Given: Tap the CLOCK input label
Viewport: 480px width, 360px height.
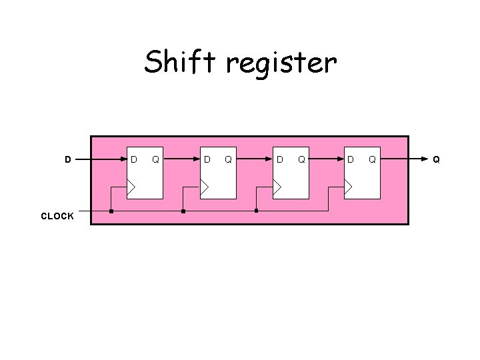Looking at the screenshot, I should (x=57, y=216).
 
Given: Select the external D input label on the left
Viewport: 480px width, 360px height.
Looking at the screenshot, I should (x=68, y=159).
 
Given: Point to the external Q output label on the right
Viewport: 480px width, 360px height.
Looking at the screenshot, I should (x=436, y=159).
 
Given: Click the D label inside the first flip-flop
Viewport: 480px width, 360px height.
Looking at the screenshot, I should (x=134, y=159).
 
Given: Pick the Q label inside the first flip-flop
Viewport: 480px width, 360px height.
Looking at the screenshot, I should (x=155, y=159).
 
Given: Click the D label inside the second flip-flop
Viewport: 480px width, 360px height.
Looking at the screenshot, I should (x=207, y=159).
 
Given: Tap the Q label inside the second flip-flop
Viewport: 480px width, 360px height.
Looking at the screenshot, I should (x=228, y=159).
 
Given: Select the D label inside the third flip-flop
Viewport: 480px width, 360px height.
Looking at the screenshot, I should (x=281, y=159).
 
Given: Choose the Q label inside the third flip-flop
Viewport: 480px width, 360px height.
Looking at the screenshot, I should (x=301, y=159).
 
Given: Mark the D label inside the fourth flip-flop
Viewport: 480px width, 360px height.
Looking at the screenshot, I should (x=351, y=159).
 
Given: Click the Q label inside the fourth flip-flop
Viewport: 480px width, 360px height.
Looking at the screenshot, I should (x=372, y=159).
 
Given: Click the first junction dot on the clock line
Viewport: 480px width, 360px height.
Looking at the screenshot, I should (x=111, y=211).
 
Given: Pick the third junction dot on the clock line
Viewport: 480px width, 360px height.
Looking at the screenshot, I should (x=256, y=211).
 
